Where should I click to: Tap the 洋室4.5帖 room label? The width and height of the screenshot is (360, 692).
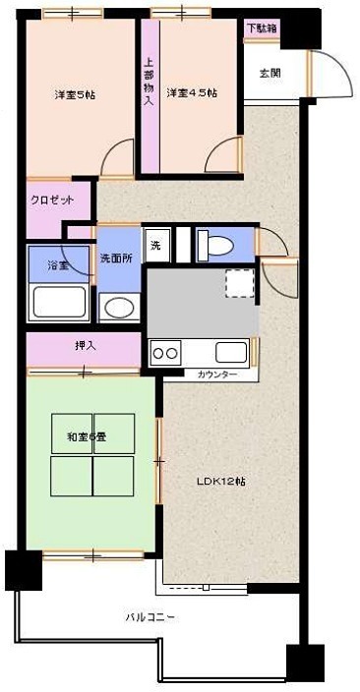[x=191, y=93]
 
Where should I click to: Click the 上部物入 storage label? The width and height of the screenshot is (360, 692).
[x=149, y=83]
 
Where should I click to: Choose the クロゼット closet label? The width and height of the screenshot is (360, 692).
[x=51, y=200]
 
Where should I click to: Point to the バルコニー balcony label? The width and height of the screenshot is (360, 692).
[x=150, y=617]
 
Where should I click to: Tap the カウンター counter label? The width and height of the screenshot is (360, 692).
[x=216, y=375]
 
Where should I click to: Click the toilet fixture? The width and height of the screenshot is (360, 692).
[x=213, y=243]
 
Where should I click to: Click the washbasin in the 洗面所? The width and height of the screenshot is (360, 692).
[x=118, y=307]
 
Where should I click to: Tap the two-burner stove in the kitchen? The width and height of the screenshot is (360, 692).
[x=164, y=352]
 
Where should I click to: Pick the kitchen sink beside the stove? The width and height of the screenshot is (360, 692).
[x=231, y=352]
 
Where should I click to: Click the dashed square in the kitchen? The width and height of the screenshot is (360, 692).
[x=238, y=282]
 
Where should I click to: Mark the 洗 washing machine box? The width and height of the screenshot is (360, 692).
[x=154, y=245]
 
